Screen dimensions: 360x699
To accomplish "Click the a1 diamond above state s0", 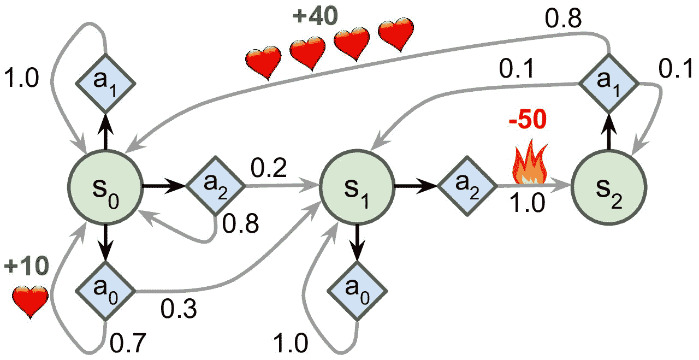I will (x=105, y=83).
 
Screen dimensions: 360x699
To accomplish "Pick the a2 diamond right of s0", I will (x=215, y=186).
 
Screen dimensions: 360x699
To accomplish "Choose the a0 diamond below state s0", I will (x=105, y=291).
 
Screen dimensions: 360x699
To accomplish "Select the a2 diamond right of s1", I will (x=467, y=186).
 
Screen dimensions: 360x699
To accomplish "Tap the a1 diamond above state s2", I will (x=608, y=83).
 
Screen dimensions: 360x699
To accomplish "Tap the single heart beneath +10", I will (x=31, y=301).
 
